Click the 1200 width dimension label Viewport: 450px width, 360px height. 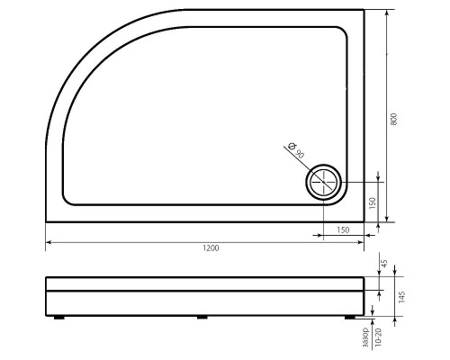point(211,248)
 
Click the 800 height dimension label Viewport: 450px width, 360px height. point(394,119)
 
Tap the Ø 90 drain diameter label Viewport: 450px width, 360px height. point(295,150)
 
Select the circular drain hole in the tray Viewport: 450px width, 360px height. point(323,182)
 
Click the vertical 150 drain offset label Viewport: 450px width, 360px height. point(373,203)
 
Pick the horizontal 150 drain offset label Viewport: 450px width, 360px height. point(343,229)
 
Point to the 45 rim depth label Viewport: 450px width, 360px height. point(384,263)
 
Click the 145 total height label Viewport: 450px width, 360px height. point(402,297)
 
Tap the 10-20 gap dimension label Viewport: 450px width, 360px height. point(378,337)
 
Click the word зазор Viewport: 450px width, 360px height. point(365,337)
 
